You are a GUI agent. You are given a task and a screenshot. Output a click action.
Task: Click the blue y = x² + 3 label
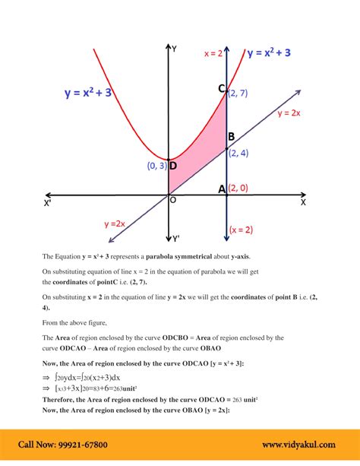(98, 94)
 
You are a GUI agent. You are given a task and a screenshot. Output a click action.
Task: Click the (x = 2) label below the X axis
(242, 229)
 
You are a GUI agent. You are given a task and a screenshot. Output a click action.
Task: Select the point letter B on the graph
(231, 137)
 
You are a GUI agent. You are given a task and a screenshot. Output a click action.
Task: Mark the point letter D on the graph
(173, 166)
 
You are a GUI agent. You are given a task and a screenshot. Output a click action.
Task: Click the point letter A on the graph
(222, 189)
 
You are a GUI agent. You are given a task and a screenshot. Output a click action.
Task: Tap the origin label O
(172, 200)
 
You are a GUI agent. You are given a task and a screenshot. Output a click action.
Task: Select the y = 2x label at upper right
(289, 113)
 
